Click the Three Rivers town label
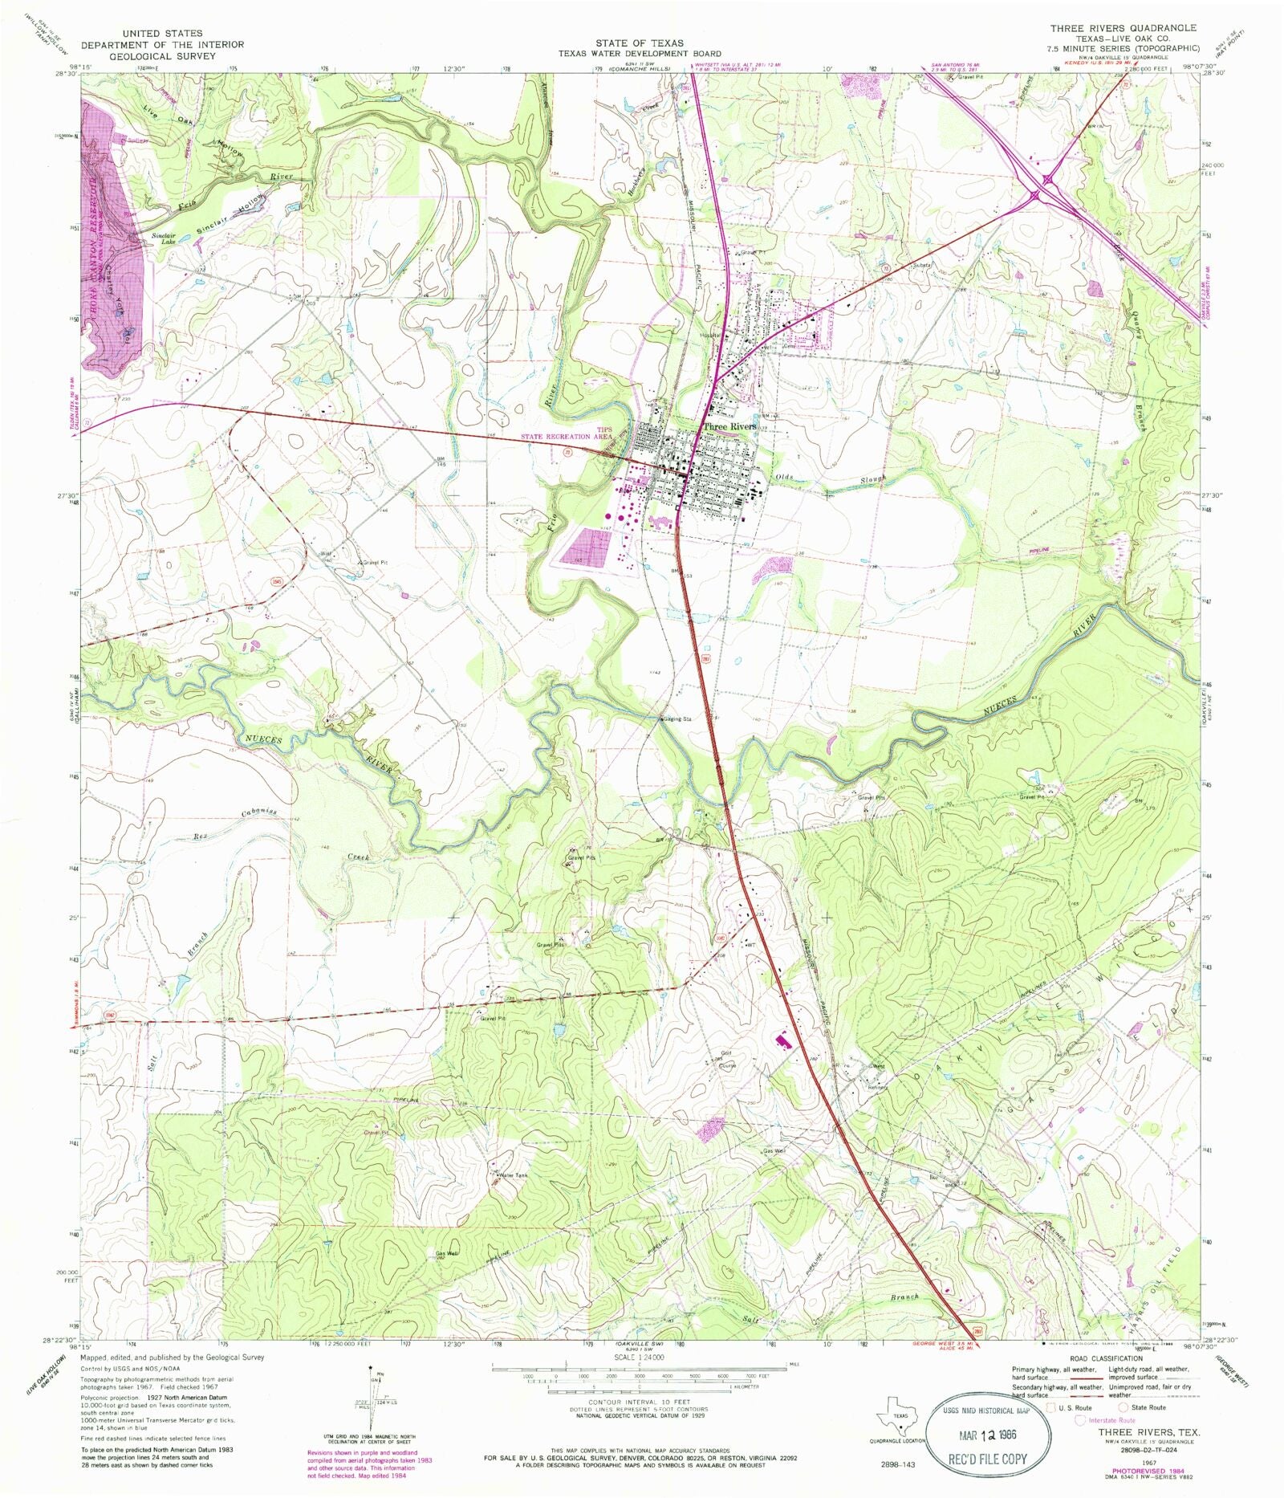[729, 426]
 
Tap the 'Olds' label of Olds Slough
[783, 478]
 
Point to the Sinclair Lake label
[164, 238]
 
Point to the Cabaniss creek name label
[258, 813]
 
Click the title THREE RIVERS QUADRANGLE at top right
[1123, 28]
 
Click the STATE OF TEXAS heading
[639, 43]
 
